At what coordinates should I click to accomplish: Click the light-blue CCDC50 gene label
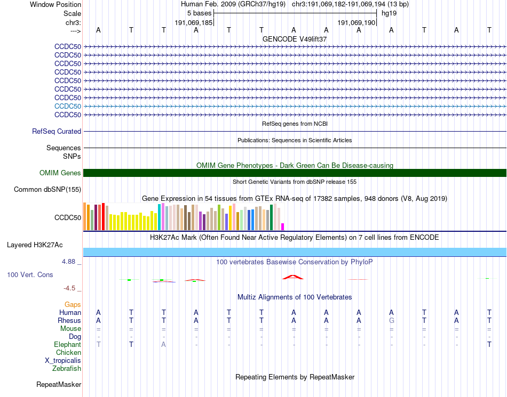click(68, 106)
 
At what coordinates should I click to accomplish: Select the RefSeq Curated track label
click(57, 131)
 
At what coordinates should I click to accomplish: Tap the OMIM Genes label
click(60, 173)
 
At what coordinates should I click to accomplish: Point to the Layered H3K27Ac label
click(35, 245)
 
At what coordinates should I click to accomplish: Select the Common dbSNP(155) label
click(47, 189)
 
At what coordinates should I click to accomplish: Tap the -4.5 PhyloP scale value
click(69, 288)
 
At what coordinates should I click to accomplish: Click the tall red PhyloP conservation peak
click(293, 277)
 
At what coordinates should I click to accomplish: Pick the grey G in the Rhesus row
click(392, 320)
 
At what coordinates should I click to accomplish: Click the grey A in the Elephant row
click(164, 344)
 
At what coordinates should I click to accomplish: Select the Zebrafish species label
click(67, 368)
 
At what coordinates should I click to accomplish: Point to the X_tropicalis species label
click(63, 360)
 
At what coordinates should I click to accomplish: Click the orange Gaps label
click(73, 304)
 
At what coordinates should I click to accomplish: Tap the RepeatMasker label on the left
click(59, 384)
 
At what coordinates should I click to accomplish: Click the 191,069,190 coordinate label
click(357, 23)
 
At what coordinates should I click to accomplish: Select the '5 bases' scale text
click(200, 13)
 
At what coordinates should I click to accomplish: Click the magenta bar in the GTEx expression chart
click(283, 226)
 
